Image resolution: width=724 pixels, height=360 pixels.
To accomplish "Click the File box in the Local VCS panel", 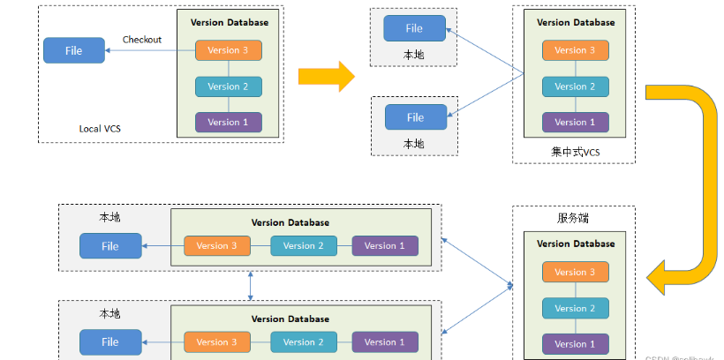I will click(73, 50).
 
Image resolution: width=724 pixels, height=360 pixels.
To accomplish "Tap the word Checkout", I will click(142, 40).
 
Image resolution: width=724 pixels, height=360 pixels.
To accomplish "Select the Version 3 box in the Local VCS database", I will click(229, 50).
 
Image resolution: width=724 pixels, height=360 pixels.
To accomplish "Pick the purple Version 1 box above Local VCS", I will click(229, 122).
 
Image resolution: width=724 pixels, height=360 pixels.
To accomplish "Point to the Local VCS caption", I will click(100, 129).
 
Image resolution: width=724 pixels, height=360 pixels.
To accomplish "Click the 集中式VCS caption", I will click(575, 152).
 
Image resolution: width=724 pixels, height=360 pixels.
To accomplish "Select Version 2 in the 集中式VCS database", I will click(575, 86).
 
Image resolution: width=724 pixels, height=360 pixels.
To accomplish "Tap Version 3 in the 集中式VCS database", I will click(575, 50).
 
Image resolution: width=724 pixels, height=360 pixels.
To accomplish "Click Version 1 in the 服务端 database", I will click(575, 343).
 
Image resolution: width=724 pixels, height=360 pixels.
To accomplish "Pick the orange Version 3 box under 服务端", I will click(575, 273).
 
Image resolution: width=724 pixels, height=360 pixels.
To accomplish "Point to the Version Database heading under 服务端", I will click(575, 244).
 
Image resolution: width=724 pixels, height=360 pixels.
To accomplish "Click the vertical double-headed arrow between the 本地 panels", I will click(251, 285).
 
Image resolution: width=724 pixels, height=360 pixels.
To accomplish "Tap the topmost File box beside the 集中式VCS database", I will click(414, 28).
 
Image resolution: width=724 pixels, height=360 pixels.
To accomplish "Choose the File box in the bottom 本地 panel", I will click(110, 341).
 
